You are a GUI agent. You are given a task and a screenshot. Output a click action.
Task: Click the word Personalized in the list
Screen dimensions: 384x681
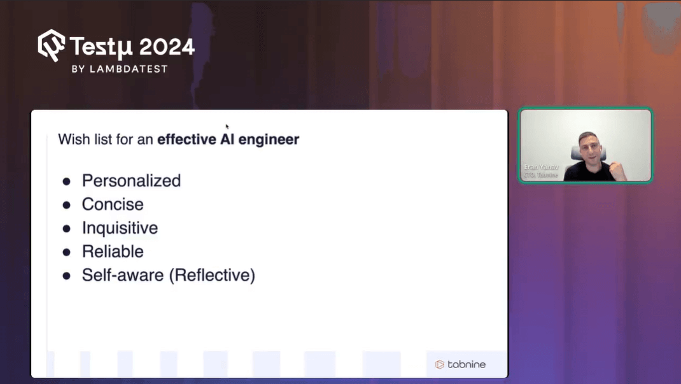tap(131, 181)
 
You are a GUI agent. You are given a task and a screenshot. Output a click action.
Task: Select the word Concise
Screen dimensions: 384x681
tap(113, 204)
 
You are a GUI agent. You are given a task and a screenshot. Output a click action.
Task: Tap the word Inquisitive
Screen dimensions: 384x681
tap(120, 228)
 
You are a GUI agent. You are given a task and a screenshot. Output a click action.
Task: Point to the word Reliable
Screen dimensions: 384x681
tap(113, 252)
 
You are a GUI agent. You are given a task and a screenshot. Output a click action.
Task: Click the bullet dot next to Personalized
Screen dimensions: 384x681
tap(66, 181)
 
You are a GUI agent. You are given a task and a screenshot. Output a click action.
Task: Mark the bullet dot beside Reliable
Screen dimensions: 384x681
tap(66, 252)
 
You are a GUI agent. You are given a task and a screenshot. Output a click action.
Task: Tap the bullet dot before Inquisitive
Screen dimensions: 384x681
tap(66, 229)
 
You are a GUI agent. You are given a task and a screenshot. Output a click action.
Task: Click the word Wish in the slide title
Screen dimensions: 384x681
tap(71, 139)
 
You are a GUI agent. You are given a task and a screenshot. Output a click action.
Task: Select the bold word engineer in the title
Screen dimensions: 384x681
tap(269, 139)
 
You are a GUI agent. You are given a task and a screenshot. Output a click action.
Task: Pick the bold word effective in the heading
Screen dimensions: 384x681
tap(186, 139)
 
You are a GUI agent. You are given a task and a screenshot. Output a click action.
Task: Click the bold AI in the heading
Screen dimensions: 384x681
tap(228, 139)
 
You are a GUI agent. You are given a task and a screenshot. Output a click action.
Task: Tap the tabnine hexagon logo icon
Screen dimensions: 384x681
tap(439, 364)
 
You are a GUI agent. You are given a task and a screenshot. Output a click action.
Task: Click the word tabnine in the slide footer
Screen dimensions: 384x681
tap(467, 364)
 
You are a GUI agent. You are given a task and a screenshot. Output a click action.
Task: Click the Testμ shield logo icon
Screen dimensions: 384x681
tap(51, 45)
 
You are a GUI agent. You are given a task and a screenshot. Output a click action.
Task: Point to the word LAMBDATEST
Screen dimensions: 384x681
tap(128, 69)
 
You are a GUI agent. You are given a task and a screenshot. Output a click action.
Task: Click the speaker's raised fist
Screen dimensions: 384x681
tap(616, 169)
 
